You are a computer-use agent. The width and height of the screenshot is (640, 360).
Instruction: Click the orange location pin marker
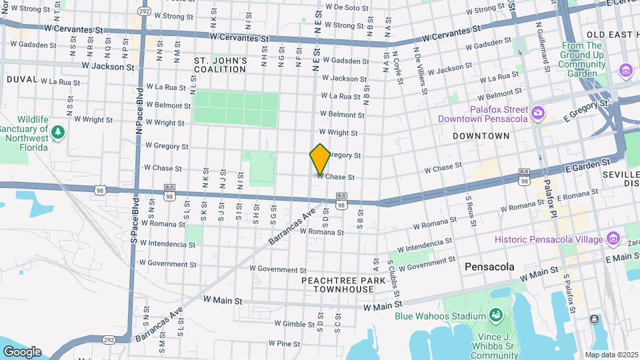(x=320, y=159)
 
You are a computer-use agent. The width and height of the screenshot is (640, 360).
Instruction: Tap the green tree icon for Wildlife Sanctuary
(x=58, y=132)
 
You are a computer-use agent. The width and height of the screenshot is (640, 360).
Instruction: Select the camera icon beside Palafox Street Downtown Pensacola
(x=538, y=113)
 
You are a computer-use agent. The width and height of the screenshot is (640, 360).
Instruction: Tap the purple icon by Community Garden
(x=625, y=70)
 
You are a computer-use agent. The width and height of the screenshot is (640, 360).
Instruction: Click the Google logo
(x=22, y=351)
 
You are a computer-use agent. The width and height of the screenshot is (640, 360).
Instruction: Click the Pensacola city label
(x=490, y=267)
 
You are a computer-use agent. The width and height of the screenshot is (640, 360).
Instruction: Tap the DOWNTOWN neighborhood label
(x=481, y=136)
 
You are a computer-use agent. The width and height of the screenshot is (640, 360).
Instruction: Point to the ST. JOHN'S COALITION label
(x=221, y=65)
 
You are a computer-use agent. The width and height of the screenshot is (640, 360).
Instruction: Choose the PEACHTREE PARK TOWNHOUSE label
(x=343, y=285)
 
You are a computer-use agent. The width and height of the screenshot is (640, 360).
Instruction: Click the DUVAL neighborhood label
(x=22, y=79)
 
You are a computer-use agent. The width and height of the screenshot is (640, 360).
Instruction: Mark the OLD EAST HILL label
(x=613, y=35)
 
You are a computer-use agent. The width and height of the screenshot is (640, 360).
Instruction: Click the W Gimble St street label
(x=285, y=323)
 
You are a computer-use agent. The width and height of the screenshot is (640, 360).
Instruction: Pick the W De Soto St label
(x=347, y=7)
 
